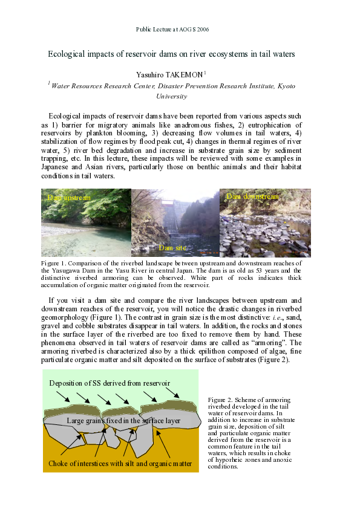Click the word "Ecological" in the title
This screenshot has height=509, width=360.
click(x=67, y=54)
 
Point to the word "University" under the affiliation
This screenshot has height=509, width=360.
click(x=172, y=96)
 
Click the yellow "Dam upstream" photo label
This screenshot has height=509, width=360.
click(x=69, y=198)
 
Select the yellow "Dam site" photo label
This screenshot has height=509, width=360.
click(x=173, y=248)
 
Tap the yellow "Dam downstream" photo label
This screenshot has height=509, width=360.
click(x=252, y=196)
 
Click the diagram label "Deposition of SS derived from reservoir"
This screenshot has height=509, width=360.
click(x=110, y=383)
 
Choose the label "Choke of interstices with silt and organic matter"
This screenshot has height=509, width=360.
click(x=120, y=464)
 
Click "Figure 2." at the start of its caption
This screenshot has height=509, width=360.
click(x=218, y=400)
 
